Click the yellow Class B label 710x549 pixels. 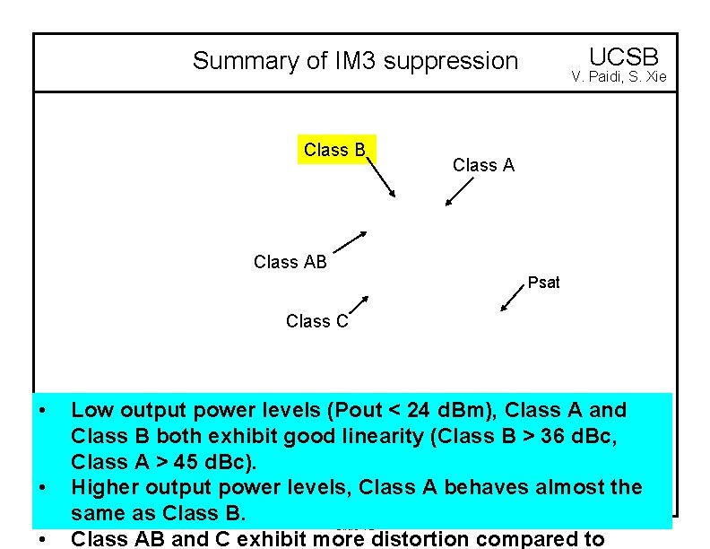[x=335, y=151]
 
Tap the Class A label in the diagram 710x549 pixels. [x=483, y=165]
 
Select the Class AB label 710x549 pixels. [x=290, y=262]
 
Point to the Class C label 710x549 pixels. [x=316, y=321]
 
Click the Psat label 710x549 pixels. [x=543, y=283]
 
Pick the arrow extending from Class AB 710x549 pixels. [x=351, y=241]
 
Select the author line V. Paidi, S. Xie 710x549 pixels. [x=619, y=77]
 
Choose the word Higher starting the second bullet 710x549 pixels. [x=105, y=488]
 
